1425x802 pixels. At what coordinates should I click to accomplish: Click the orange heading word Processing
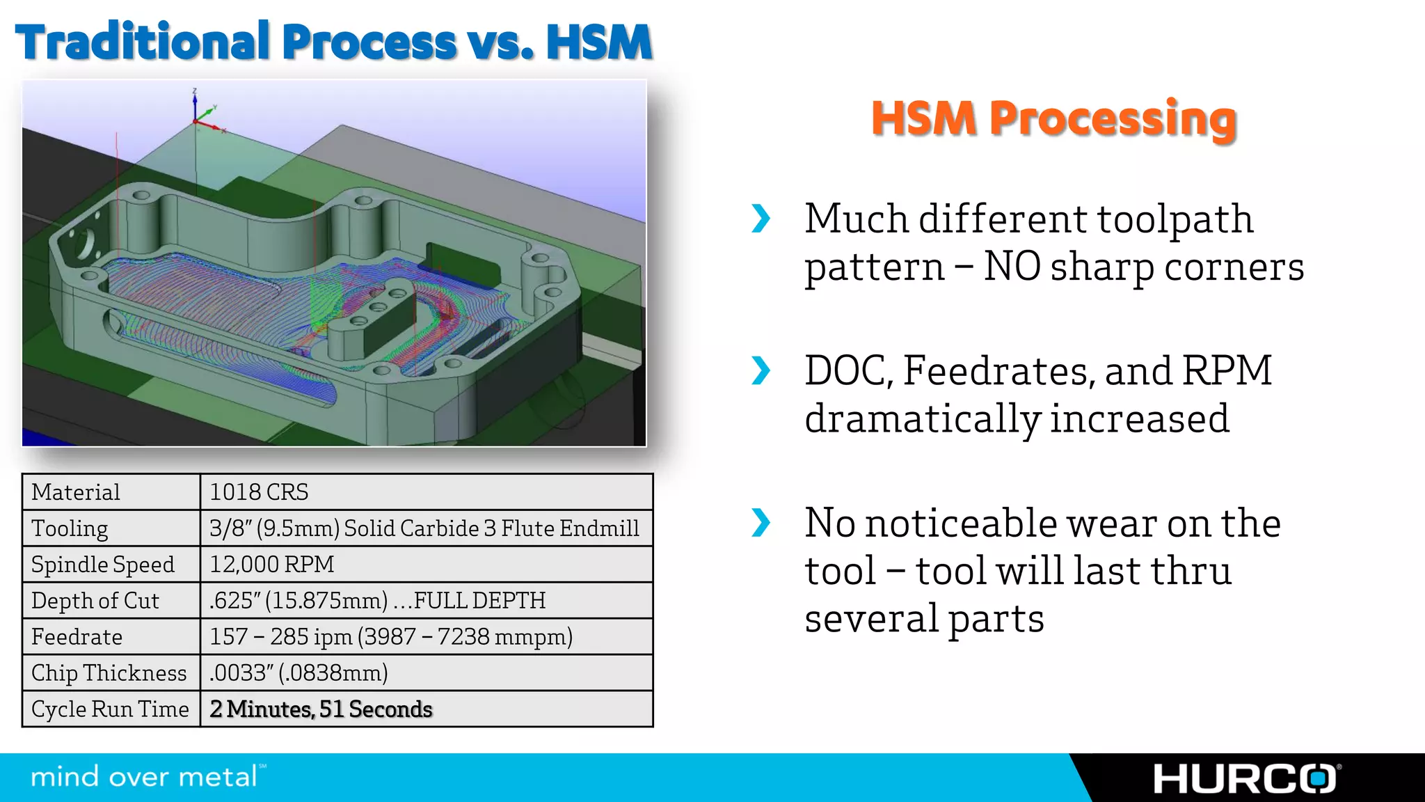click(x=1113, y=118)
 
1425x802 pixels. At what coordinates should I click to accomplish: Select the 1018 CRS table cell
click(x=259, y=492)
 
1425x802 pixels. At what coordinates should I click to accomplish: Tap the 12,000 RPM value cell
click(x=272, y=564)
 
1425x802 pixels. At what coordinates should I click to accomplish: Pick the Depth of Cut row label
click(x=95, y=600)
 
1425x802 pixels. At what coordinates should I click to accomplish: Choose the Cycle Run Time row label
click(x=110, y=709)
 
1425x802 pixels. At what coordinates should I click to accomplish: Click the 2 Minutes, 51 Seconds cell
click(x=321, y=709)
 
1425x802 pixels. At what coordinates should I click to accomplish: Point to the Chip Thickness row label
click(x=109, y=673)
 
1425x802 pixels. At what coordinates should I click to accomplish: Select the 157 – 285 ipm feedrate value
click(x=390, y=636)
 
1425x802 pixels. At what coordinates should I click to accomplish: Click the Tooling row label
click(x=70, y=528)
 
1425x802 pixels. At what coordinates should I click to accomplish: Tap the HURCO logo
click(x=1245, y=778)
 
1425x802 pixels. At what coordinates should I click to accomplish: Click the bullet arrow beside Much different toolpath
click(x=761, y=219)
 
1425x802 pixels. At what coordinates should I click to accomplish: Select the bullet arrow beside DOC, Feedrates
click(x=761, y=370)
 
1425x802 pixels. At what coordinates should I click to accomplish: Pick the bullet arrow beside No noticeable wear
click(x=761, y=523)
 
